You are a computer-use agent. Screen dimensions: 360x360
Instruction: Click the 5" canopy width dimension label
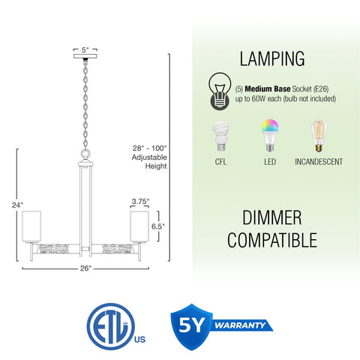pyautogui.click(x=85, y=49)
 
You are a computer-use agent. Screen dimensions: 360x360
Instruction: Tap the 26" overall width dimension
pyautogui.click(x=85, y=268)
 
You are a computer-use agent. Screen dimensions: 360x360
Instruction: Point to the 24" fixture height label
pyautogui.click(x=17, y=205)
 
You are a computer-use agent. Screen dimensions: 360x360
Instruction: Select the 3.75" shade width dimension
pyautogui.click(x=140, y=201)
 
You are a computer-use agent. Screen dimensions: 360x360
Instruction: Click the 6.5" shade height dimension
pyautogui.click(x=158, y=226)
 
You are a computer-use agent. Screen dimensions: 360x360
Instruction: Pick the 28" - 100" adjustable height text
pyautogui.click(x=149, y=157)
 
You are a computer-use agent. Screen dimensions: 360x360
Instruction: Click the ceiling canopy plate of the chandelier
pyautogui.click(x=85, y=55)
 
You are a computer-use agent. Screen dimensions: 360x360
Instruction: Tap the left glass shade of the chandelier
pyautogui.click(x=31, y=226)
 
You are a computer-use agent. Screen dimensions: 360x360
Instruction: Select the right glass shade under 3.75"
pyautogui.click(x=139, y=226)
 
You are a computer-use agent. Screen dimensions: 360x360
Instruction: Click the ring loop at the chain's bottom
pyautogui.click(x=85, y=154)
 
